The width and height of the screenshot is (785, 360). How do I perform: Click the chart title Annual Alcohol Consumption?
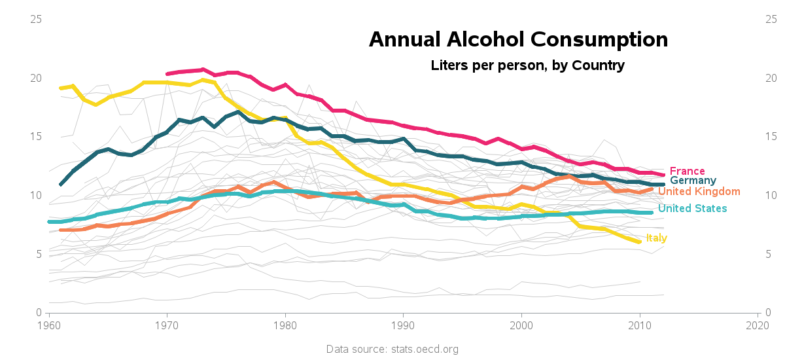pos(518,39)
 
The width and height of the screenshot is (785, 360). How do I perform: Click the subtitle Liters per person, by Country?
pos(527,65)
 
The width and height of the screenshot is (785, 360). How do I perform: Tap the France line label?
pos(687,171)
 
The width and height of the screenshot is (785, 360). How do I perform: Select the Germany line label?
pos(693,181)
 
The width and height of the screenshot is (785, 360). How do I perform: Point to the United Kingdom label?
pos(699,192)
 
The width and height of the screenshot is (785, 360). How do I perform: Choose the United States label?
pos(692,209)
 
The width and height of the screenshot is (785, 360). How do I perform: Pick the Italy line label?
pos(656,238)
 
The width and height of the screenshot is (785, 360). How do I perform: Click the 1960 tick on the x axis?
pos(49,325)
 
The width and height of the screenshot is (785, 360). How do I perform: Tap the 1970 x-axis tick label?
pos(167,325)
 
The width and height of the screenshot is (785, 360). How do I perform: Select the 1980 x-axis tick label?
pos(285,325)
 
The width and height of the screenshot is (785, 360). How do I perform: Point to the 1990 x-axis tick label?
pos(403,325)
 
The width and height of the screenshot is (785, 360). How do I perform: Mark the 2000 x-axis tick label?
pos(521,325)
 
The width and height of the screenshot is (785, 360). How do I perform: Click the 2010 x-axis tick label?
pos(639,325)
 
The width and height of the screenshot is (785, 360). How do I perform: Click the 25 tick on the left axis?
pos(37,20)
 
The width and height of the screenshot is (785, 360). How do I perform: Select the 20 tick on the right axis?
pos(771,78)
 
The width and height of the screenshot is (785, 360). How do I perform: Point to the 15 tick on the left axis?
pos(37,137)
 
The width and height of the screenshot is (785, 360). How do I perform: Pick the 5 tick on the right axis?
pos(768,254)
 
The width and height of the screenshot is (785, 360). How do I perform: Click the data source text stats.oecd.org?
pos(392,350)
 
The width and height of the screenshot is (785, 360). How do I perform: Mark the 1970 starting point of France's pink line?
pos(167,74)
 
